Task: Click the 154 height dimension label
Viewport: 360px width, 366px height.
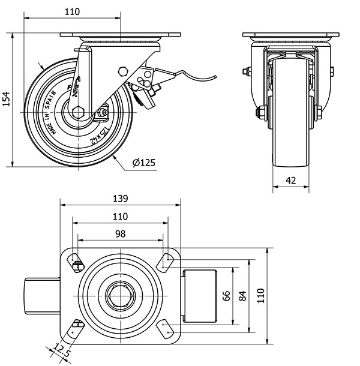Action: point(7,98)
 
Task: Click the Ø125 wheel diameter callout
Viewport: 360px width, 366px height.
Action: point(144,163)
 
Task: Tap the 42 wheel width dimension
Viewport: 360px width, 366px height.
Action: point(290,179)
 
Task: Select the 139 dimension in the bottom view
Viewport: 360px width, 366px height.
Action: point(120,197)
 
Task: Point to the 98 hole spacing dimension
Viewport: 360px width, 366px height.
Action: point(120,233)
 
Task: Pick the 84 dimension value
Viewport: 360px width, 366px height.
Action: point(241,295)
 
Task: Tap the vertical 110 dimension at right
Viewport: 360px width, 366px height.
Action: point(261,295)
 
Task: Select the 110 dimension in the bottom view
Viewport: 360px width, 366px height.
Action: point(120,216)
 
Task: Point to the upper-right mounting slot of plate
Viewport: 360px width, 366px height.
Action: point(163,261)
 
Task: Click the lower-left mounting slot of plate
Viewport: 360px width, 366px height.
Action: point(76,329)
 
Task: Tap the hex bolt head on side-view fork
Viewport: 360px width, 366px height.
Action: point(124,71)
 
